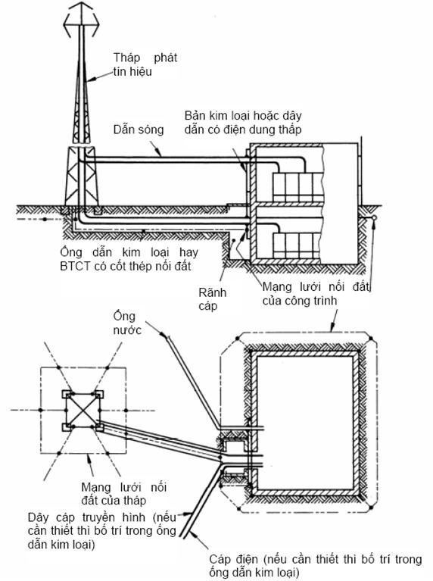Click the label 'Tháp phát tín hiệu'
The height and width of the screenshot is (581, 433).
pos(145,64)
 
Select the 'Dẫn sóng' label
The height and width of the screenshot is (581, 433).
pos(139,130)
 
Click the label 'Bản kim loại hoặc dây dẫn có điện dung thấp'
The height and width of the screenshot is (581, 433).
pos(243,122)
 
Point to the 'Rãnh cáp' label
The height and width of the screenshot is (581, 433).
pos(212,299)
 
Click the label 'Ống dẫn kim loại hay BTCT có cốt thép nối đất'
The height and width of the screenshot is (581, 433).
pos(129,259)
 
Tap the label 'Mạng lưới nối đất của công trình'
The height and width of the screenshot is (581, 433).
pos(316,293)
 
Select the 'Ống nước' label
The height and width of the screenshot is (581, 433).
pos(127,323)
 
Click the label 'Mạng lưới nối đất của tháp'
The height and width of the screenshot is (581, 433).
pos(123,493)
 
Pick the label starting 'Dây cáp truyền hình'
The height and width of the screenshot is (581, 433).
pos(102,530)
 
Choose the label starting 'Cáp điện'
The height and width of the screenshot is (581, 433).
pos(315,565)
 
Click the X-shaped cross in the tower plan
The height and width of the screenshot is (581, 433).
pos(83,411)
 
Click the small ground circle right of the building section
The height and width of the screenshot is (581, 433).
pos(374,217)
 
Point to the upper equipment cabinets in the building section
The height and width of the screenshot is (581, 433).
pos(297,187)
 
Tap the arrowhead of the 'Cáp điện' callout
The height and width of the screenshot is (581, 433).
pos(192,533)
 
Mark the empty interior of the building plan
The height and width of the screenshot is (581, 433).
pos(304,423)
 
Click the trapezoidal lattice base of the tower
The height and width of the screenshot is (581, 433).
pos(82,176)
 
